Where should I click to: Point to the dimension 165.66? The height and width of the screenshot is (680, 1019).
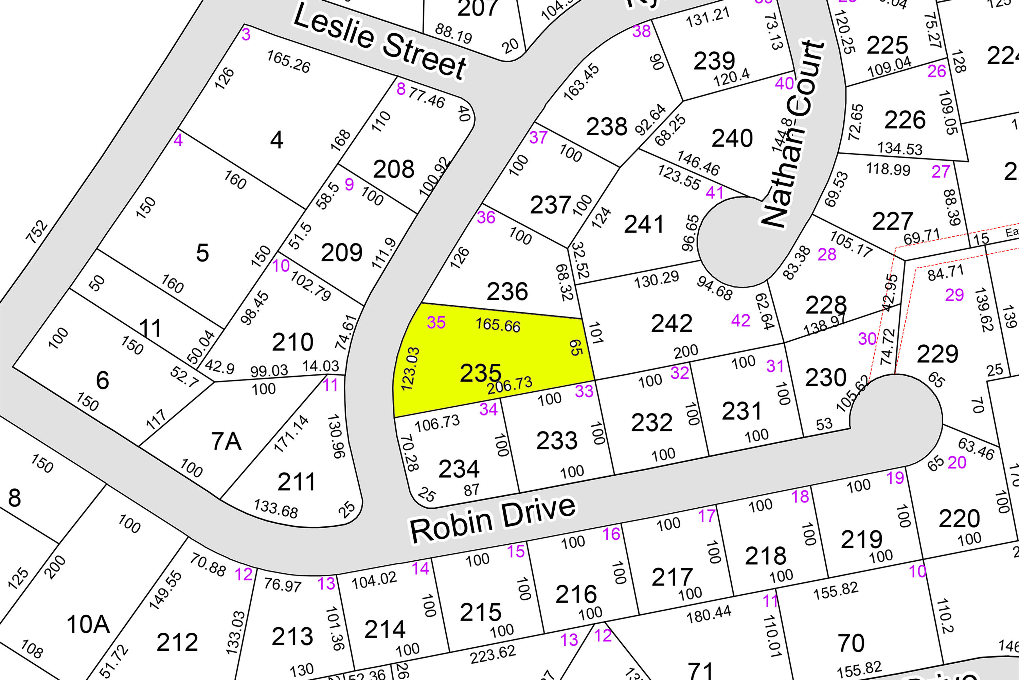pyautogui.click(x=498, y=325)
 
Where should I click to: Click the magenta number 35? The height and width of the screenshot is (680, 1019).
pyautogui.click(x=436, y=322)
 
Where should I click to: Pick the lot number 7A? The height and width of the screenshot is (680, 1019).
pyautogui.click(x=226, y=441)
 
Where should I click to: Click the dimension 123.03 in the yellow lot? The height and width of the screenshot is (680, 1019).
pyautogui.click(x=410, y=369)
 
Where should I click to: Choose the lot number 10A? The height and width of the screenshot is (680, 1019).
pyautogui.click(x=88, y=625)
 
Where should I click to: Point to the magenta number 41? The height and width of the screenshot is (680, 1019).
pyautogui.click(x=714, y=192)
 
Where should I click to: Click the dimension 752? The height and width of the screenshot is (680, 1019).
pyautogui.click(x=36, y=231)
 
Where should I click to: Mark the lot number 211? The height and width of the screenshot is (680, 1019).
pyautogui.click(x=296, y=482)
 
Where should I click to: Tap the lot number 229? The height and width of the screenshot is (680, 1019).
pyautogui.click(x=937, y=354)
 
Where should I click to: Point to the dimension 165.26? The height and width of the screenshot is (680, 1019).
pyautogui.click(x=288, y=62)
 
